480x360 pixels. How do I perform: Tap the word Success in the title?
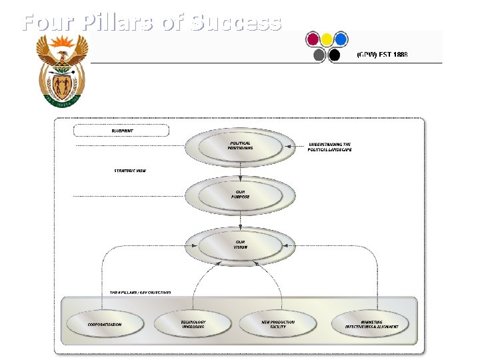point(237,23)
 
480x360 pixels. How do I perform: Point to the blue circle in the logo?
point(341,39)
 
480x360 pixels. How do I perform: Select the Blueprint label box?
point(122,131)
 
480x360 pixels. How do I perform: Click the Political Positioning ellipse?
point(240,146)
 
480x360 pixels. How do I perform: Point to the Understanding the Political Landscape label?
point(329,147)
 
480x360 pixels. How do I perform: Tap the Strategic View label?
point(129,171)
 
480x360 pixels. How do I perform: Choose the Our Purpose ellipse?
point(240,193)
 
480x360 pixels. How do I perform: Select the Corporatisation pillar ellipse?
point(105,324)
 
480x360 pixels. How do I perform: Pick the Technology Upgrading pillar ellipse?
point(193,324)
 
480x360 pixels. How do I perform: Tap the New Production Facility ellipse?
point(278,324)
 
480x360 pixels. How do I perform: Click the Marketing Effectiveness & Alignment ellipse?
point(372,324)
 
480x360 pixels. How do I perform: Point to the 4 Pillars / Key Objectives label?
point(140,292)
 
